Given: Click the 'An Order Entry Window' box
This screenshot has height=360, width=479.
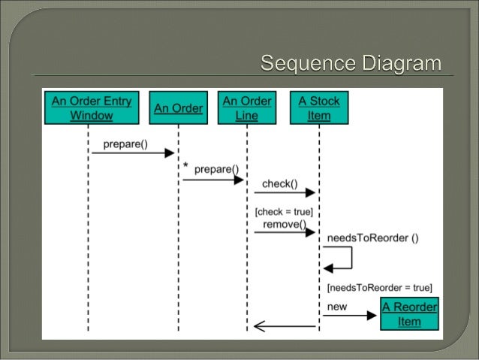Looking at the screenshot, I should pos(91,107).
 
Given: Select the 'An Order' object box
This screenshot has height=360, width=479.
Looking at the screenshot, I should pos(178,107).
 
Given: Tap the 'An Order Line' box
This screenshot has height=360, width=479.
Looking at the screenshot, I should pos(247,107).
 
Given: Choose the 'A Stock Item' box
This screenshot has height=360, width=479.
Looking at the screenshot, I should pos(318,107).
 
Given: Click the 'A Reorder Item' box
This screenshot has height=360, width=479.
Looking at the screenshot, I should pos(409,314).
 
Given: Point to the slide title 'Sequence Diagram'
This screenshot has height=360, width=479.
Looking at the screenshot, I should pos(351,63).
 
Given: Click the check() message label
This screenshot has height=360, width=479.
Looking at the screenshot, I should pos(279,183).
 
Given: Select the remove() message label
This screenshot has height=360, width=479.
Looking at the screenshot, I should pos(284,224).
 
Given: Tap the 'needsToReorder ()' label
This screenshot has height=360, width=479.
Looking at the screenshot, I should pos(372,238).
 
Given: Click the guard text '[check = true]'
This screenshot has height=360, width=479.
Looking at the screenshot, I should pos(284,212).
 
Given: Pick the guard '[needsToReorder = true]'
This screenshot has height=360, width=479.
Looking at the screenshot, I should pos(379,287).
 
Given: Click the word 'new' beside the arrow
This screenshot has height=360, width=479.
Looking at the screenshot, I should pos(337,307).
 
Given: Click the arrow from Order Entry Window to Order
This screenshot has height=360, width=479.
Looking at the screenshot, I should pos(133,153).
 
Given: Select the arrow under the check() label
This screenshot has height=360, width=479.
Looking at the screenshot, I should pos(284,193).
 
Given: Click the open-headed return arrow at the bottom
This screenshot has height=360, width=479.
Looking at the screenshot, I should pos(284,326).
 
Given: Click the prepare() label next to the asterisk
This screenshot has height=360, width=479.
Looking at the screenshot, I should pos(216,169).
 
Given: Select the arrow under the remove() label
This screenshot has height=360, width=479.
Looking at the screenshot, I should pos(284,233).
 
